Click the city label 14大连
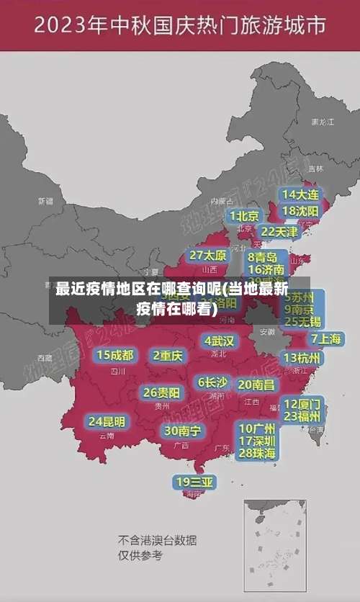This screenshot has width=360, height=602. click(x=301, y=194)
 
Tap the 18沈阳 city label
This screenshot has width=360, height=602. click(x=301, y=211)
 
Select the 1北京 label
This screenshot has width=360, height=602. click(x=245, y=216)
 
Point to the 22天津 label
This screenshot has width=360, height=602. click(x=279, y=232)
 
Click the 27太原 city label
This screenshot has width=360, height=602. click(x=208, y=256)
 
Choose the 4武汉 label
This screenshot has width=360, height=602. click(x=219, y=341)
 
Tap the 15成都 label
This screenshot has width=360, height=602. click(x=115, y=355)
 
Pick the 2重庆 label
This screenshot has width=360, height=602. click(x=168, y=355)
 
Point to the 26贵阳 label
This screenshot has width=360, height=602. click(x=161, y=392)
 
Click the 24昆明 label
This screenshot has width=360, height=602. click(x=107, y=421)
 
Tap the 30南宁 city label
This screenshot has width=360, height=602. click(x=183, y=431)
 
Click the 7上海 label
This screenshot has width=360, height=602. click(x=325, y=338)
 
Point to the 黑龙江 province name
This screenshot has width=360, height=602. click(x=322, y=122)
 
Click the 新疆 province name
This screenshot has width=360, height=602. click(x=45, y=201)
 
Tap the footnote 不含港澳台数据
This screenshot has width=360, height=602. click(x=157, y=540)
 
